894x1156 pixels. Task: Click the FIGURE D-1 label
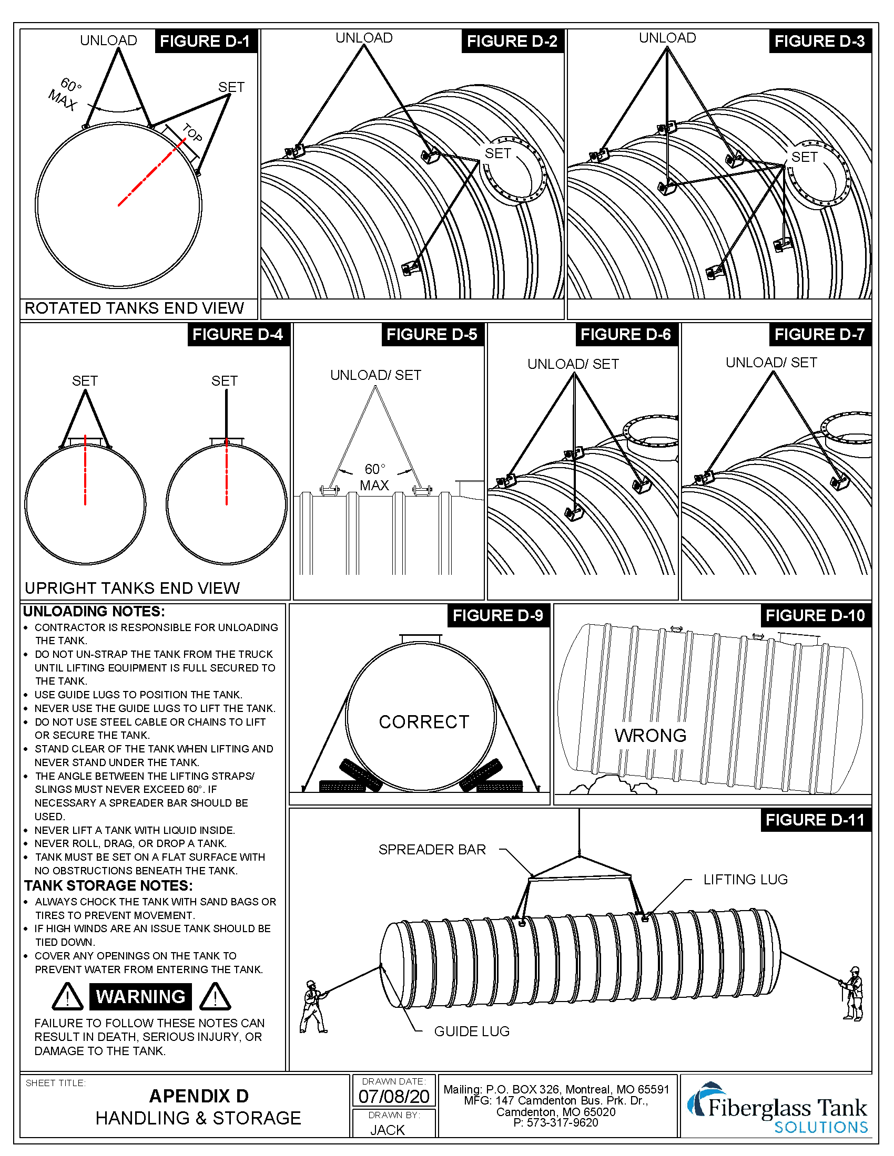tap(205, 42)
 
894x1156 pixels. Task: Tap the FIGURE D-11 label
tap(815, 820)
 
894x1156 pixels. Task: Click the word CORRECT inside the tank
tap(424, 722)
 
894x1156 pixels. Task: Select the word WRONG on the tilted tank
tap(651, 735)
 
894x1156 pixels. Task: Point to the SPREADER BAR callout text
tap(432, 850)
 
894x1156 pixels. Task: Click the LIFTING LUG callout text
tap(745, 880)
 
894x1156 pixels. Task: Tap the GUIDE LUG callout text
tap(471, 1031)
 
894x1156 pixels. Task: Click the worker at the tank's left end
tap(313, 1006)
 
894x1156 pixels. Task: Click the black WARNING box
tap(141, 997)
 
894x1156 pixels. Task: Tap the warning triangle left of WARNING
tap(67, 997)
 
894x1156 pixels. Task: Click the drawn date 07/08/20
tap(393, 1096)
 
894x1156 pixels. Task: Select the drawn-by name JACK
tap(388, 1130)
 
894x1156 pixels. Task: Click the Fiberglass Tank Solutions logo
tap(777, 1108)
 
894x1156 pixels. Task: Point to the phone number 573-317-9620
tap(562, 1123)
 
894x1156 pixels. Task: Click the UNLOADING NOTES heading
tap(94, 611)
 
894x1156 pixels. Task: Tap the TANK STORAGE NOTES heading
tap(108, 885)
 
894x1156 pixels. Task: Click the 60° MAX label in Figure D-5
tap(375, 477)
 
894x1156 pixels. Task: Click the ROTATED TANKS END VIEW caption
tap(134, 308)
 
